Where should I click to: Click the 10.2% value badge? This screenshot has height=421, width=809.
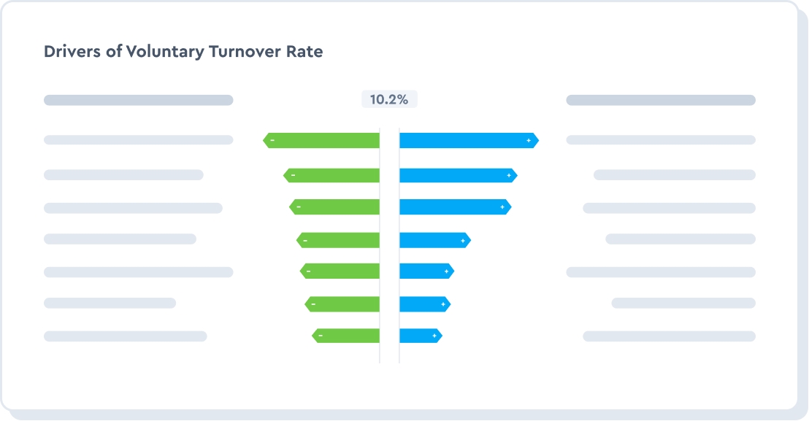(x=388, y=100)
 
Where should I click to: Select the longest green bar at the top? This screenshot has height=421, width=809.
(x=323, y=140)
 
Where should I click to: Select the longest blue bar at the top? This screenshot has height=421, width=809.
(x=467, y=140)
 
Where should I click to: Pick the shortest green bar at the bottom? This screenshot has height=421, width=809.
(x=346, y=336)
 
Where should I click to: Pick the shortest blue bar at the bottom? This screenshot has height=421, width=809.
(x=420, y=336)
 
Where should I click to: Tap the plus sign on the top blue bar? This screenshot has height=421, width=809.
(x=529, y=140)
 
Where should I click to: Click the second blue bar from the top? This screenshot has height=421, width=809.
(x=457, y=175)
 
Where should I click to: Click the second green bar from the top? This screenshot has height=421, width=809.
(x=333, y=175)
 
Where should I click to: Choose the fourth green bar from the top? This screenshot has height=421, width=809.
(x=340, y=240)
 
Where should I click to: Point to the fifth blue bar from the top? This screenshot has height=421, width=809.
(x=426, y=271)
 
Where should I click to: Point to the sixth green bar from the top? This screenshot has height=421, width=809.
(x=343, y=304)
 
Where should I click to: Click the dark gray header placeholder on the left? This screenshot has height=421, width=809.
(x=138, y=100)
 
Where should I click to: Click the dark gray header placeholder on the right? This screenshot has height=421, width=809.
(x=660, y=100)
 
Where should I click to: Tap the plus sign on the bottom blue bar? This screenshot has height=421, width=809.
(x=434, y=336)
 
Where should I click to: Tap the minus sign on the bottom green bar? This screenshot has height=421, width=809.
(x=321, y=336)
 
